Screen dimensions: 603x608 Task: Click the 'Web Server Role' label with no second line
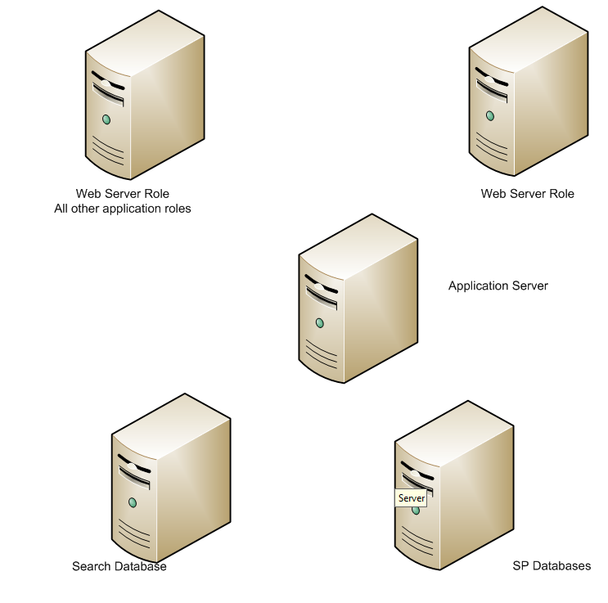[527, 194]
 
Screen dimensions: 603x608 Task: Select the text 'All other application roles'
[122, 209]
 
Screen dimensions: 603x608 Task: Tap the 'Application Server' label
[498, 286]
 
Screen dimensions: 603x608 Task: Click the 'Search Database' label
[119, 566]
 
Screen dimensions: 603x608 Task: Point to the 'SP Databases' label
[552, 565]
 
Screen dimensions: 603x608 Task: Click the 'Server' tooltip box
[411, 497]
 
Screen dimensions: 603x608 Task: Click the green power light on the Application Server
[319, 323]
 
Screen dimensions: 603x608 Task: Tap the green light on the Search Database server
[131, 502]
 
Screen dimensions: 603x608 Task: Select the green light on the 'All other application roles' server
[106, 119]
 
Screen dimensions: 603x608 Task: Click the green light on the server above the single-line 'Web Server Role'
[489, 115]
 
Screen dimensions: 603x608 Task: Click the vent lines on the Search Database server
[133, 532]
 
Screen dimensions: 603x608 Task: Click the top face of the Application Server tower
[360, 242]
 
